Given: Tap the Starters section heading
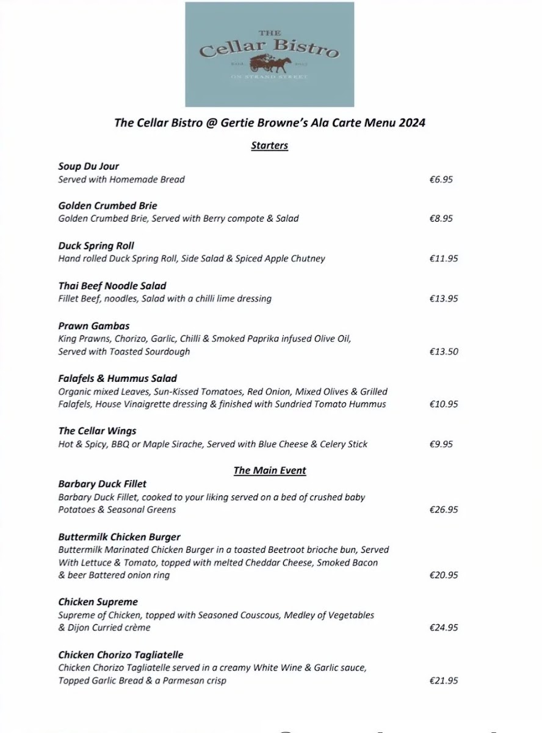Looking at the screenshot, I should point(269,145).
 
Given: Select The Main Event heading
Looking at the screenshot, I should point(270,470).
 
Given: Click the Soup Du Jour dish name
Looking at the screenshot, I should point(89,166).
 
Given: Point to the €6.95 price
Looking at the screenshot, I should point(441,180).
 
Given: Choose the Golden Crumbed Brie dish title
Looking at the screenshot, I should point(107,206).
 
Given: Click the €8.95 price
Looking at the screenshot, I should point(441,218).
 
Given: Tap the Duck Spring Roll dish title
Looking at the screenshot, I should point(96,246).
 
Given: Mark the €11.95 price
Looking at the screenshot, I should point(443,258).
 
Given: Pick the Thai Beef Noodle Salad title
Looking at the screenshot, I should point(112,286).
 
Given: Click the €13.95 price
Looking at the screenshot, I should point(443,299).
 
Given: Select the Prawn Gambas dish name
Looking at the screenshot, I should point(94,326).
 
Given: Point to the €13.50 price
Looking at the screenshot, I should point(443,351).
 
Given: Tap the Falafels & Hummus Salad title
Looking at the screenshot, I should point(118,378).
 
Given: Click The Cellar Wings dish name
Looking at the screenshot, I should point(97,431).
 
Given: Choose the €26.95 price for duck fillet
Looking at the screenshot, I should point(443,509).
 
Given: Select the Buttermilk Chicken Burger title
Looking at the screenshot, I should point(120,537).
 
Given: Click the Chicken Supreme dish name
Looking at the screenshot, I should point(98,602).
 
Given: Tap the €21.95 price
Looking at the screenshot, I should point(443,680).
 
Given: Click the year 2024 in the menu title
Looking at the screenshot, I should point(412,122).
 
